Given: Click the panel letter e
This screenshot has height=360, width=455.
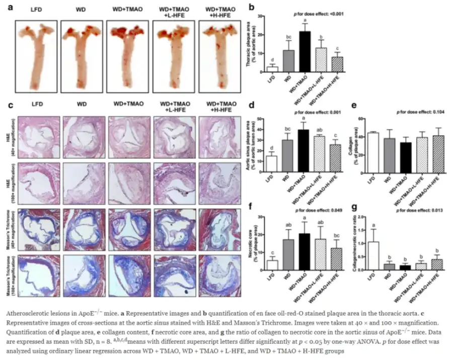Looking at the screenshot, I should [x=354, y=106].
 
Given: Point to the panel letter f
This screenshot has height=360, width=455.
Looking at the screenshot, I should [x=251, y=205].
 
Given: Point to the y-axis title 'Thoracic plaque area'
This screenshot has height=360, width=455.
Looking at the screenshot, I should [x=248, y=45].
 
